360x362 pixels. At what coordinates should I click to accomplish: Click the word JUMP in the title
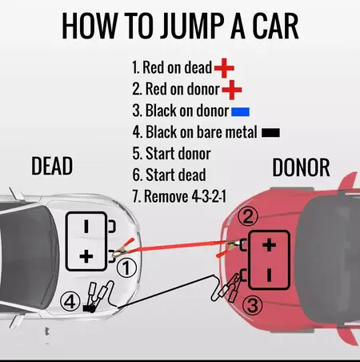[171, 26]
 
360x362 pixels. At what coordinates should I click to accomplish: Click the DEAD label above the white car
[52, 166]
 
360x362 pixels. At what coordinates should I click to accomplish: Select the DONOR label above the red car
[301, 167]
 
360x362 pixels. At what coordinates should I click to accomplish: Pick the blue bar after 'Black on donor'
[241, 110]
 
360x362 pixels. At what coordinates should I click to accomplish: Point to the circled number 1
[126, 270]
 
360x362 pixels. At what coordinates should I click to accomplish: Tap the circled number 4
[70, 301]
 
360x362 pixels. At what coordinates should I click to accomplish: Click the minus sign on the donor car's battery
[270, 274]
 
